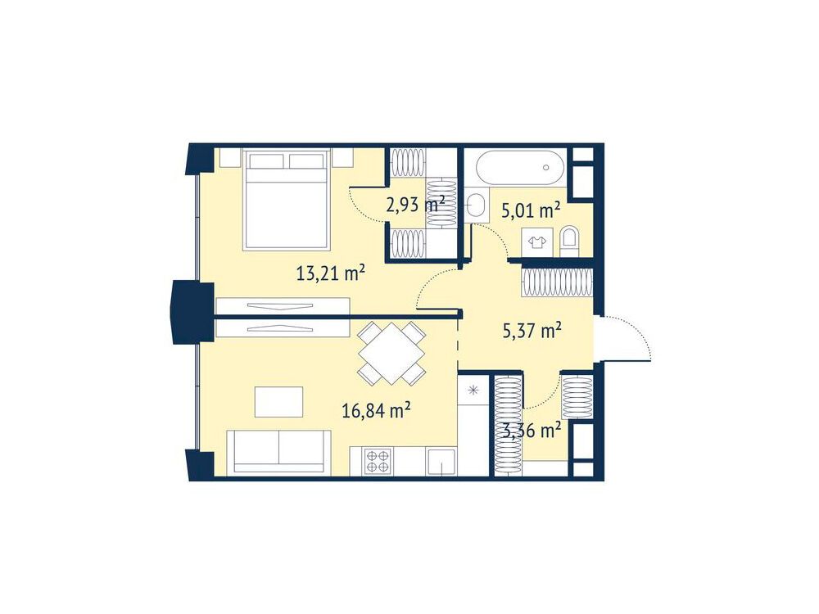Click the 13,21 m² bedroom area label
330,273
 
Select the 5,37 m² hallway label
532,331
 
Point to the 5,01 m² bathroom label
532,210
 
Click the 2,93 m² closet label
415,204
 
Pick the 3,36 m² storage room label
532,431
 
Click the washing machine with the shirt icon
537,242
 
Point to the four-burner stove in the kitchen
378,462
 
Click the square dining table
391,353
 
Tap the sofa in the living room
279,452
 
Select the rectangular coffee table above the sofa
279,402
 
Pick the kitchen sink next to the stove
441,462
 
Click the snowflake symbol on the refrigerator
473,390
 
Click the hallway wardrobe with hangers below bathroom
557,283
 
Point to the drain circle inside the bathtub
546,168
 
